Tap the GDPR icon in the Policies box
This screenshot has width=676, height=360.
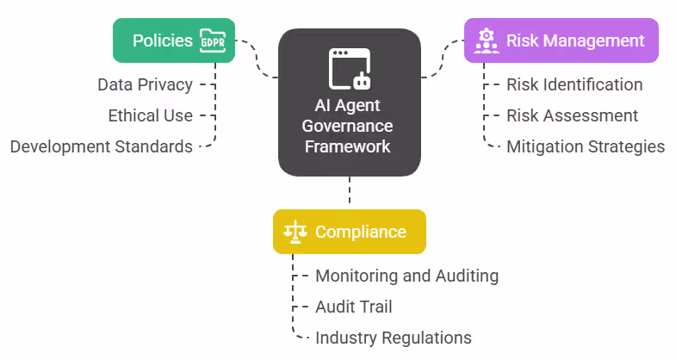click(x=212, y=40)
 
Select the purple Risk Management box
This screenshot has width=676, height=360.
click(x=561, y=40)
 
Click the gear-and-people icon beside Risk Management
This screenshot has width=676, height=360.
click(x=486, y=40)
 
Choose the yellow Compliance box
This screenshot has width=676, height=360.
click(x=349, y=232)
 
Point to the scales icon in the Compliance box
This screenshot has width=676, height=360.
click(x=295, y=232)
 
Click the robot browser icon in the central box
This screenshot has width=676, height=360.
click(x=349, y=70)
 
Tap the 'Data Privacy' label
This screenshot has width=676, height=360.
click(x=145, y=84)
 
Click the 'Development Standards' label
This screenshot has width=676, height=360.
click(x=102, y=146)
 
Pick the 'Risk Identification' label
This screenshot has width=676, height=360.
click(x=574, y=84)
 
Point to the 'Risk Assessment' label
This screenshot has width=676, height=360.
click(x=572, y=115)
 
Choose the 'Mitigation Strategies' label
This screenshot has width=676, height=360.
click(x=586, y=146)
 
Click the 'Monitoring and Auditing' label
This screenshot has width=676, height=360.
click(x=406, y=276)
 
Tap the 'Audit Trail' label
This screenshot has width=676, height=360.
click(x=354, y=307)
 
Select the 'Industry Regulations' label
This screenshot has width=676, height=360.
click(x=393, y=338)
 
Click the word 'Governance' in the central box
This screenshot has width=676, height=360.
click(x=349, y=127)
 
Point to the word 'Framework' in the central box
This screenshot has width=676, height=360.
click(x=349, y=146)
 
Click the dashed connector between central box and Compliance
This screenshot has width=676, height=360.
click(x=349, y=192)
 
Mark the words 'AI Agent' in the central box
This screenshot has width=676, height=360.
click(x=349, y=107)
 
